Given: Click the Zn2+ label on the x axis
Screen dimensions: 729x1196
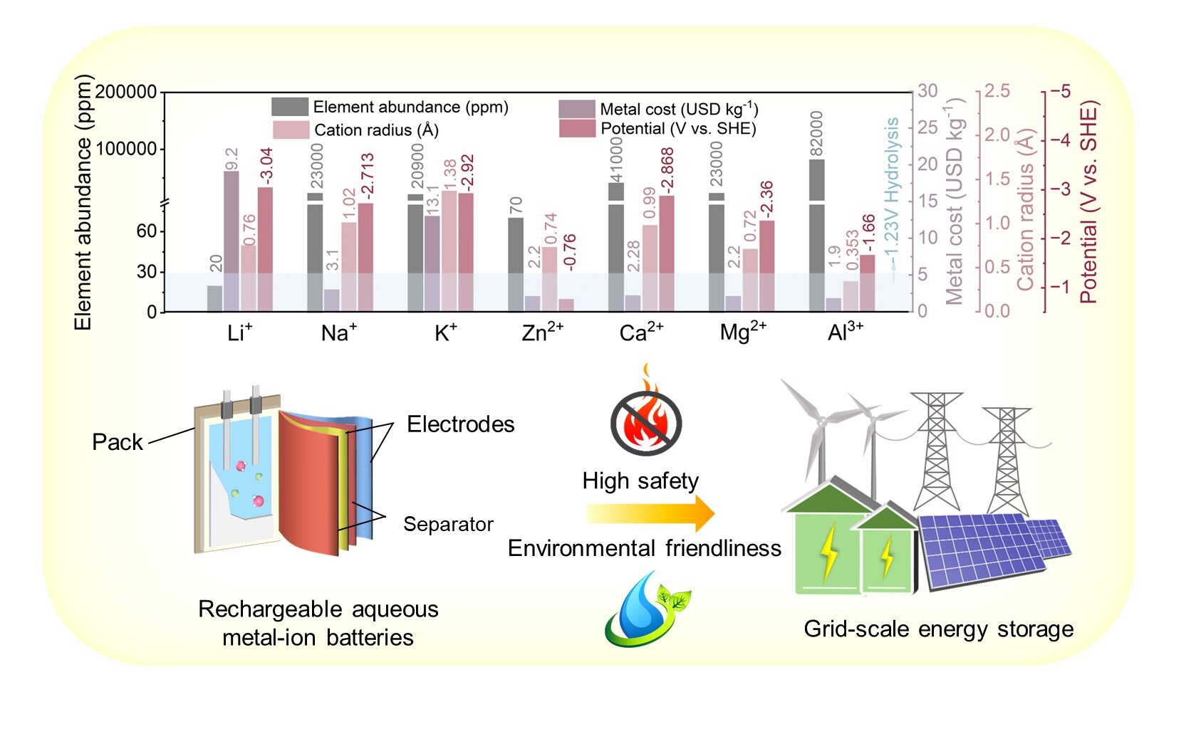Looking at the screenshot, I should click(542, 332).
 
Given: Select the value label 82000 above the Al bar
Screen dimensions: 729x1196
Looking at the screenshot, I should click(817, 134).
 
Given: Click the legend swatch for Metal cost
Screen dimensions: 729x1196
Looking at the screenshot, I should click(576, 109).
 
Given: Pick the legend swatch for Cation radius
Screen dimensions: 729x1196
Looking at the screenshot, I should click(291, 130).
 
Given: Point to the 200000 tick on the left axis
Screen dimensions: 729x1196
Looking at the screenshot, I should click(125, 92).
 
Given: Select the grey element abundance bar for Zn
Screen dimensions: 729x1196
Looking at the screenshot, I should click(516, 263).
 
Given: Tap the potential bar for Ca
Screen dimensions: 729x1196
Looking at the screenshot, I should click(667, 253).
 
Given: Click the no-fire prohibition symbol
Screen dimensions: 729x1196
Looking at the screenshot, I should click(646, 422).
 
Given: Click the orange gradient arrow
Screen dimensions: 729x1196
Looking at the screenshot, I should click(650, 513).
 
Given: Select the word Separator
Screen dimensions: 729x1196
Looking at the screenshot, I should click(448, 524).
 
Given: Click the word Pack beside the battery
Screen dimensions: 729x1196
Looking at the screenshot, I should click(118, 442).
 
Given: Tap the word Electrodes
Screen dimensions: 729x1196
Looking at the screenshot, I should click(460, 424).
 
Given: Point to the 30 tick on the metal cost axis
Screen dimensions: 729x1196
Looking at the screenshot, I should click(927, 91).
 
